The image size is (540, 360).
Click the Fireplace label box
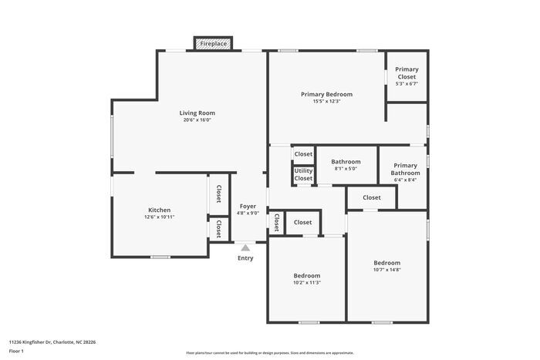[x=214, y=44]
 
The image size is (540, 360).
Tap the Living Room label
[x=197, y=113]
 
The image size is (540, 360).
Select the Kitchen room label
[x=160, y=210]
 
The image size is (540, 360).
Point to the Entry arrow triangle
[x=245, y=247]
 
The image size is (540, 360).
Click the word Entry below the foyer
[x=245, y=258]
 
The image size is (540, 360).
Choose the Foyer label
[x=248, y=206]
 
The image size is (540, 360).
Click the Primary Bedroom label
[x=326, y=94]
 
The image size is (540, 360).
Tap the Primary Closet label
[x=407, y=73]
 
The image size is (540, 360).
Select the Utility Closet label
[x=303, y=174]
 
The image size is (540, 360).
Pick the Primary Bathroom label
[x=405, y=169]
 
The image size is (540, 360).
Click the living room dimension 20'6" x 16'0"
[x=197, y=119]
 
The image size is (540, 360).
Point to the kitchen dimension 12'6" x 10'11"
[x=160, y=217]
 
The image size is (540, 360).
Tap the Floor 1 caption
[x=17, y=351]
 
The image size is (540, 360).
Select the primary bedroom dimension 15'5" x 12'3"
[x=326, y=101]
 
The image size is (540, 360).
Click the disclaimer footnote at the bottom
[x=270, y=352]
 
